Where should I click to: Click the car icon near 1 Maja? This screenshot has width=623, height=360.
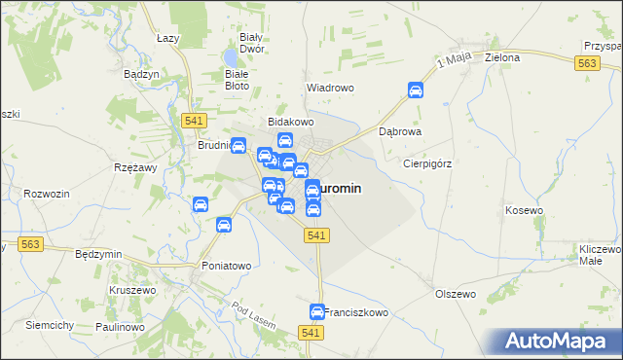[415, 90]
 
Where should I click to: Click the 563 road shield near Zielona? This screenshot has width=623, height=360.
[585, 62]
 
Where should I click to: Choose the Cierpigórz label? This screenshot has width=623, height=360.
[428, 164]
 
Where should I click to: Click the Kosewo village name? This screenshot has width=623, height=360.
[524, 210]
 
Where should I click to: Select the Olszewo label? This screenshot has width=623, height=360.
[455, 294]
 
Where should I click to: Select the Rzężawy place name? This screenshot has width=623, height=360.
[136, 167]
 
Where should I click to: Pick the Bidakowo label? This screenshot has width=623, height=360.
[290, 122]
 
